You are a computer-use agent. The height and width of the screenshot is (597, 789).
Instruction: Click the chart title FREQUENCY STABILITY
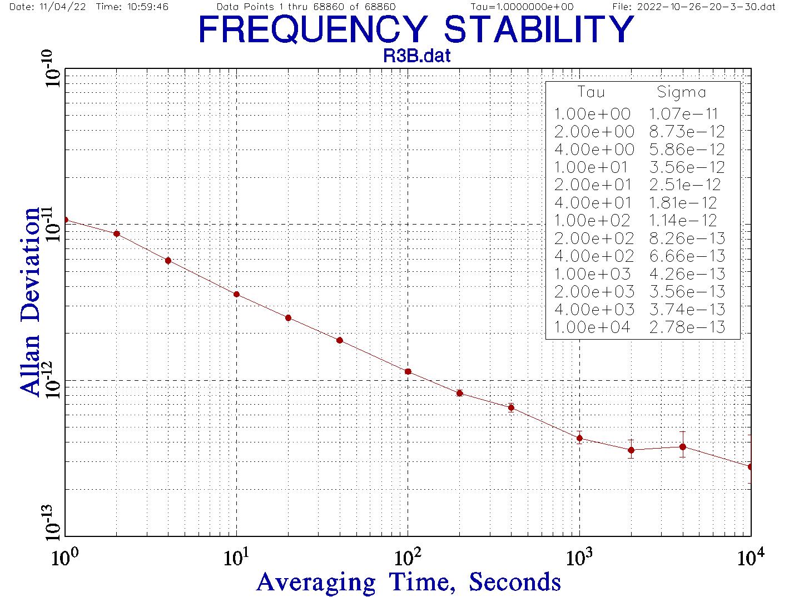click(416, 29)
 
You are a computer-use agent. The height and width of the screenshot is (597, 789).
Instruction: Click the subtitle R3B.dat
click(417, 56)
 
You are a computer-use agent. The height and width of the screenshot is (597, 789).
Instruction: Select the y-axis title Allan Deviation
click(31, 301)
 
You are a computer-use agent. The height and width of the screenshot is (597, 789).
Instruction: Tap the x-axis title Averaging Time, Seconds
click(409, 582)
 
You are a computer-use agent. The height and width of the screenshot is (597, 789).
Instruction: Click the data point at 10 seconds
click(236, 294)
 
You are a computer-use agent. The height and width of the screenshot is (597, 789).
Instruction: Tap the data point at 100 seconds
click(408, 371)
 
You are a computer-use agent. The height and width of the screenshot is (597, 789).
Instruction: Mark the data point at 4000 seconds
click(683, 446)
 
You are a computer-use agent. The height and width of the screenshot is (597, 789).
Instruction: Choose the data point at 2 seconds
click(117, 233)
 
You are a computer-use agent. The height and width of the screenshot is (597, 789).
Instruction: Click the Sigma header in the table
click(681, 92)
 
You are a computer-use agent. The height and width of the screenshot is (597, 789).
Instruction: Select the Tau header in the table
click(590, 92)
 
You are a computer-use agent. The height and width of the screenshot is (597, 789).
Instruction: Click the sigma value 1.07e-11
click(683, 114)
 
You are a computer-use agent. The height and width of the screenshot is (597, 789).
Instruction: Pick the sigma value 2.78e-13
click(687, 327)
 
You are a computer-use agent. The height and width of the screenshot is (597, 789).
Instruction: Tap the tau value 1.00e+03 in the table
click(592, 273)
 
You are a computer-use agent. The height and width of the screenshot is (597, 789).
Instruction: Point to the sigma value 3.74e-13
click(687, 309)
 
